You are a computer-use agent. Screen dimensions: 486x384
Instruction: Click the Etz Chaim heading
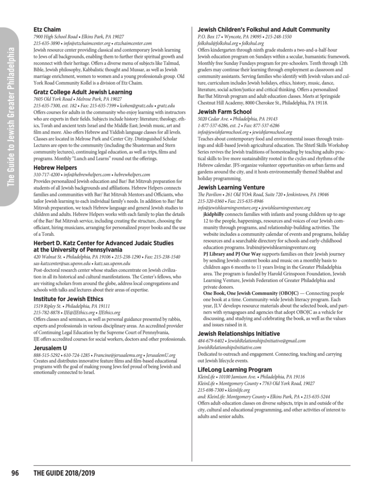pos(47,30)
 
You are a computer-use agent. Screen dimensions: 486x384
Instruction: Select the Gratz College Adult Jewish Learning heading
pos(83,92)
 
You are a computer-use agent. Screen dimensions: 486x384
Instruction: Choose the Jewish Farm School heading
pos(224,112)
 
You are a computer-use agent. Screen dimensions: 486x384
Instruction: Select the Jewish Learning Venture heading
pos(231,188)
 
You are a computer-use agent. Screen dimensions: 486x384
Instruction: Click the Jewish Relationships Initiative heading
pos(239,334)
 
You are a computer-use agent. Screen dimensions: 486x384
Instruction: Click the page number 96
pos(15,473)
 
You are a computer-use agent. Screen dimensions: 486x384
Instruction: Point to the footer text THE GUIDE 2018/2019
pos(64,473)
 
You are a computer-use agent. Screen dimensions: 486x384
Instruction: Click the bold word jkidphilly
pos(215,214)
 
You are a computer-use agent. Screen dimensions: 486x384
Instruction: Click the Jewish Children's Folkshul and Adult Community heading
pos(263,30)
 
